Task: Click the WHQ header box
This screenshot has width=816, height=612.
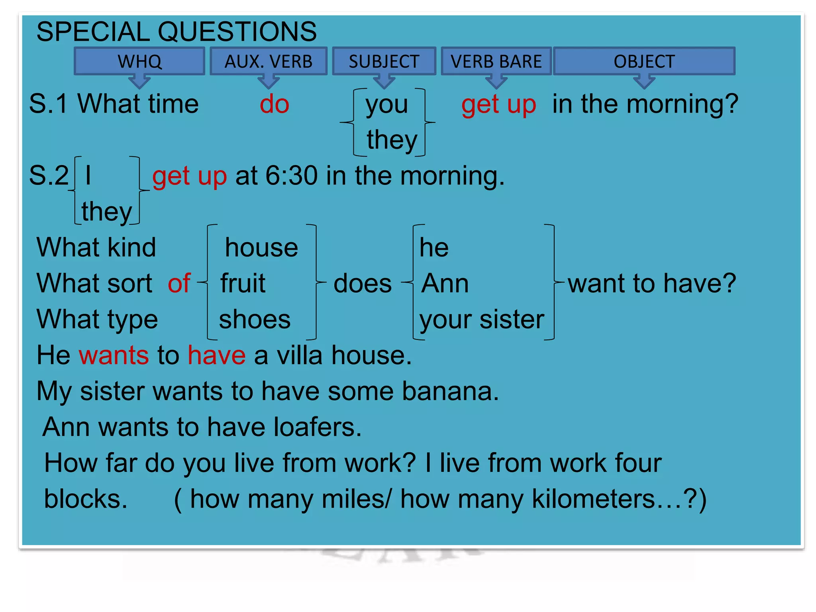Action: click(139, 61)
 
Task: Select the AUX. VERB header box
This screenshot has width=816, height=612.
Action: click(269, 61)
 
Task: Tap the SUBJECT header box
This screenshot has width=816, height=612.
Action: click(384, 61)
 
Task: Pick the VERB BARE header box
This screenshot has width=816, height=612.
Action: click(496, 61)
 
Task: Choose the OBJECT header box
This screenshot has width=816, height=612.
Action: click(644, 61)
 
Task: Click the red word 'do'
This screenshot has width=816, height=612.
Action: click(274, 104)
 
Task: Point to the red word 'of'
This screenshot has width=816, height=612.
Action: click(179, 283)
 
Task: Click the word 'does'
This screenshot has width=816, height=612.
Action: click(363, 284)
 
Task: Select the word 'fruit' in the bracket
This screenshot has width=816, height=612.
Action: click(243, 283)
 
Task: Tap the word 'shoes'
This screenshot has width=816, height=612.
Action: click(255, 320)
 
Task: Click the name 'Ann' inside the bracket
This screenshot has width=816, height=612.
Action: click(445, 283)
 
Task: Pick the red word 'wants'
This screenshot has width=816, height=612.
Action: click(114, 355)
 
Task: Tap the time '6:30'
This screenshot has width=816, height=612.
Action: click(292, 176)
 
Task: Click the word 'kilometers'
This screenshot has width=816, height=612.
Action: click(594, 499)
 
